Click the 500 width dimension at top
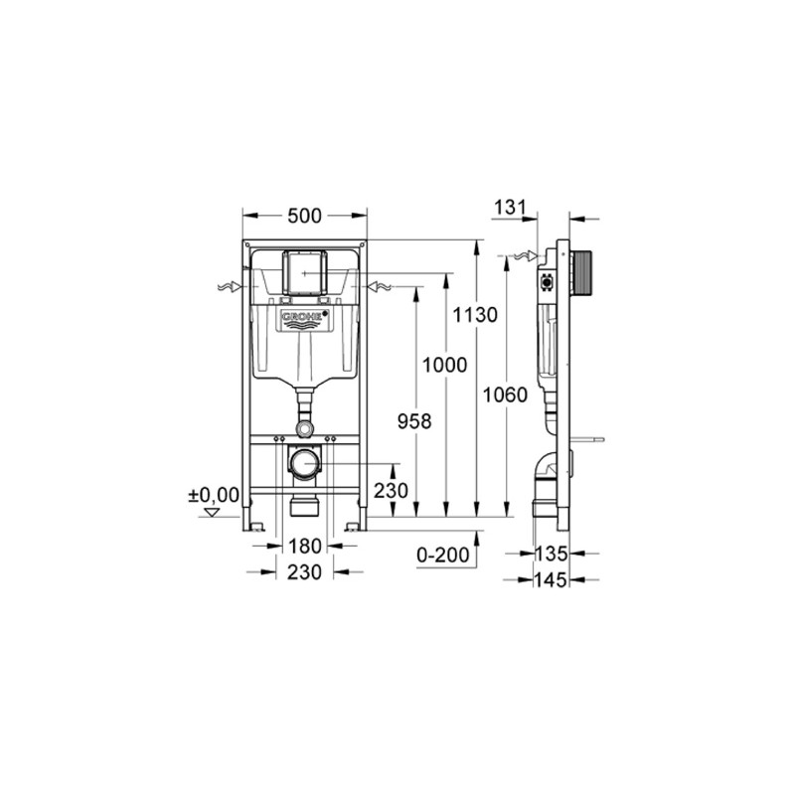pos(305,214)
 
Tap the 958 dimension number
pos(412,420)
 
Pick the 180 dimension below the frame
pos(304,545)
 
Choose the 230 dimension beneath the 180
pos(304,572)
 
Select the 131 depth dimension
pos(508,207)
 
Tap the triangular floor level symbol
pos(210,513)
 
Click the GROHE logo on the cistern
pos(305,319)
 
